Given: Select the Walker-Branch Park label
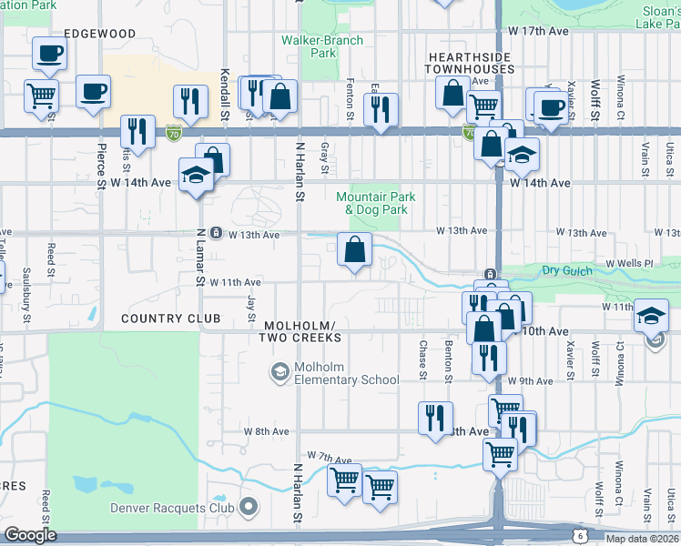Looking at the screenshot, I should click(x=322, y=46).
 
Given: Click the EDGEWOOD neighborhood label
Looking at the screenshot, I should click(x=102, y=34).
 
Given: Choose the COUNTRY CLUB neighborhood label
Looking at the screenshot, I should click(x=170, y=318).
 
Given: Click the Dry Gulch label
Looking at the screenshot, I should click(x=566, y=270).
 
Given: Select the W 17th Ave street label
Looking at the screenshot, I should click(x=539, y=31).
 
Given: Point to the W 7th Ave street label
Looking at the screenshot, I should click(x=329, y=455).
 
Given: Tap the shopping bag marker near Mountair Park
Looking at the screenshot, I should click(x=354, y=248).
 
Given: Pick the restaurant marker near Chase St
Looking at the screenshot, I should click(x=434, y=418).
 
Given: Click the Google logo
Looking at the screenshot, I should click(x=30, y=535).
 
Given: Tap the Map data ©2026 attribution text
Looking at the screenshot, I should click(x=642, y=539).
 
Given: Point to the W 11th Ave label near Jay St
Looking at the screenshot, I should click(x=236, y=283).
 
